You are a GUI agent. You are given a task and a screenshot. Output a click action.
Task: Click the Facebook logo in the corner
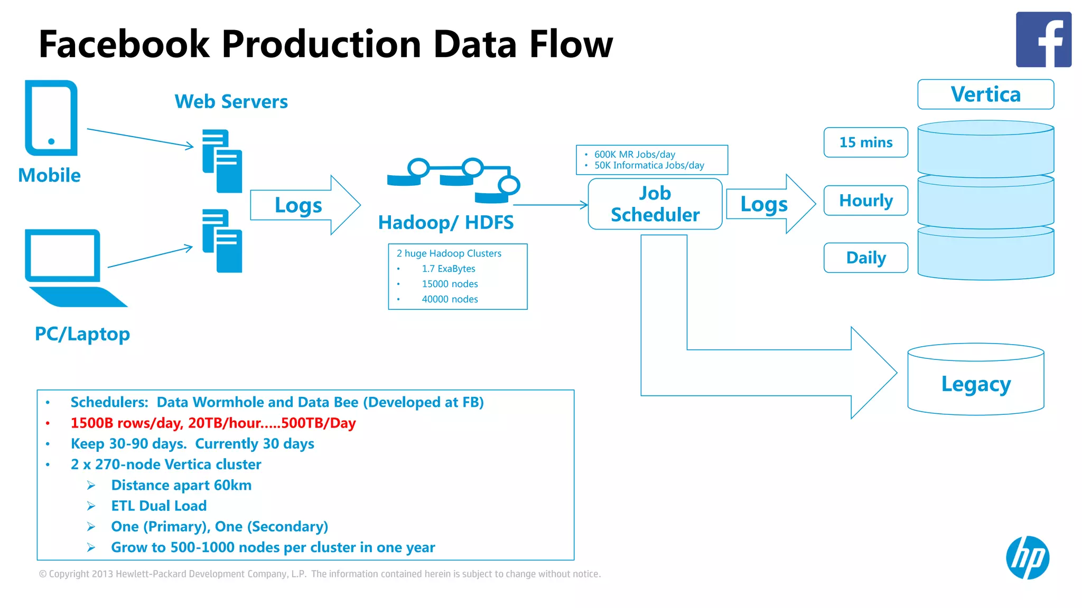(1043, 40)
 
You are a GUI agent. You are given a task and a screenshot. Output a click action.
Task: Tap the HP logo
(1027, 557)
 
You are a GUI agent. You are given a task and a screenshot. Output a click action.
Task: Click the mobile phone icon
(51, 118)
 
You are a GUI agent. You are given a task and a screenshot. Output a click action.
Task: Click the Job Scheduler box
(655, 204)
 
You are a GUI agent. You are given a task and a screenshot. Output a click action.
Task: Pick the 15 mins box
(865, 142)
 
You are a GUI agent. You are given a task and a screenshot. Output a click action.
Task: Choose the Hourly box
(865, 201)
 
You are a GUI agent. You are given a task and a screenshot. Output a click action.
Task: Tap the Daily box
(865, 258)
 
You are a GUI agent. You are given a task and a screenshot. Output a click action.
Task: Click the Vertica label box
(985, 94)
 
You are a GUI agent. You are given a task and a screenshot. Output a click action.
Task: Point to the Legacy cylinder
(975, 384)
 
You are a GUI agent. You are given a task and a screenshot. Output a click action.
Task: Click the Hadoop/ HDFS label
(445, 222)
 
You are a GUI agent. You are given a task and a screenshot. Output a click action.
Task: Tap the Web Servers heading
(231, 101)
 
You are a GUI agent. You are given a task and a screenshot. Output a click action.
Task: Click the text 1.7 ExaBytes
(448, 269)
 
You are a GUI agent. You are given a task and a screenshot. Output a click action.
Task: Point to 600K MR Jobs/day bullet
(634, 154)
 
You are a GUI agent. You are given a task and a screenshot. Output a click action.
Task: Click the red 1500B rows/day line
(213, 423)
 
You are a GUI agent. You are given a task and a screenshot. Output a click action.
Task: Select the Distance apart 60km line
(181, 485)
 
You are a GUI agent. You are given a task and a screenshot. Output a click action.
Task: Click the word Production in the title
(321, 43)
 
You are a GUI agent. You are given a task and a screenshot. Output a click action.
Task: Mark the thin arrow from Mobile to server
(140, 137)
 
